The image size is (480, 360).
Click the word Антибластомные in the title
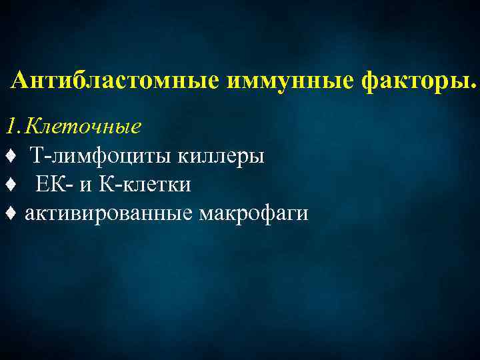tap(117, 81)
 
